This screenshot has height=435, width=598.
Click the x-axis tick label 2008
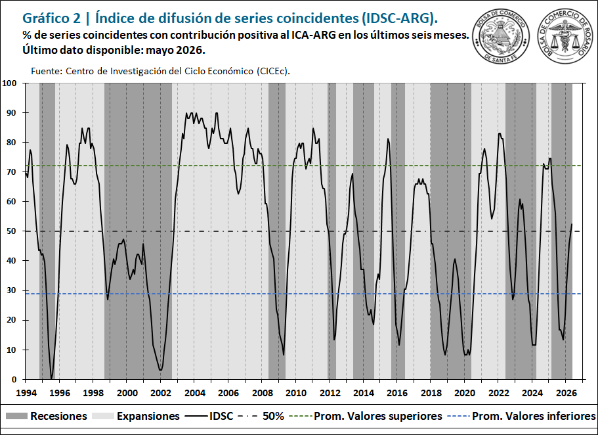tap(263, 392)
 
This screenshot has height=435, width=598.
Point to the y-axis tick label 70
tap(11, 172)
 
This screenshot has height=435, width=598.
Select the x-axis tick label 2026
tap(566, 392)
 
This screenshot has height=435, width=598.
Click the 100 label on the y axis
tap(10, 83)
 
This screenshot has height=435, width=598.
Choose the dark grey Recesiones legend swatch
tap(16, 416)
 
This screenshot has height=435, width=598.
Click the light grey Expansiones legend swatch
tap(103, 416)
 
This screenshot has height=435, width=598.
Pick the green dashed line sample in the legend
tap(300, 416)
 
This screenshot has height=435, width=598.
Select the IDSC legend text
tap(221, 416)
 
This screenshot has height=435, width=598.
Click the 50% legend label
tap(273, 416)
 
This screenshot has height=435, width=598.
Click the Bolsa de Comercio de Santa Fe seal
tap(501, 37)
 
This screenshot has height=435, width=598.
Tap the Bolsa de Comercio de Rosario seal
tap(566, 37)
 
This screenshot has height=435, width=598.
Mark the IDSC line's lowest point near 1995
tap(51, 378)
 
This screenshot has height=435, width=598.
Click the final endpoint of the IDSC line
tap(572, 224)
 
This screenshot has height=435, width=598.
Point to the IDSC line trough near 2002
tap(161, 370)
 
